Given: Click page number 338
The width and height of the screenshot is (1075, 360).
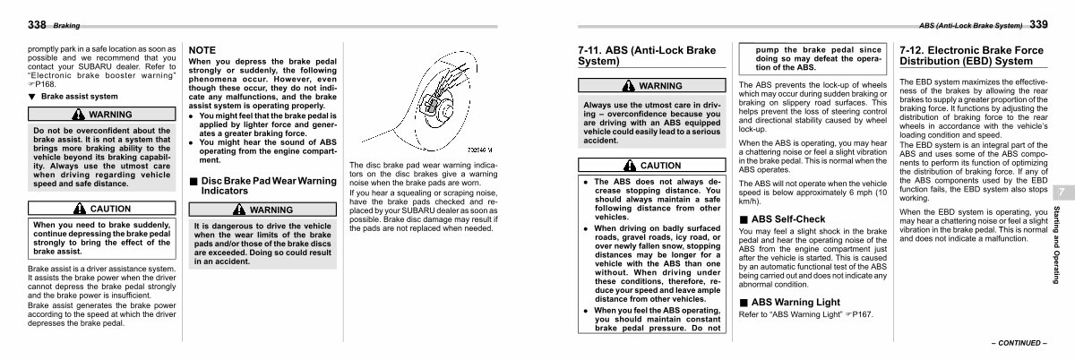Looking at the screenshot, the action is coord(37,24).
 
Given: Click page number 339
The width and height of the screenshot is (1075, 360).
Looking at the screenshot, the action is coord(1038,24).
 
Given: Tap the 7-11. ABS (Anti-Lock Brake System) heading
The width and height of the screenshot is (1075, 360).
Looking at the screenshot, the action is coord(647,56).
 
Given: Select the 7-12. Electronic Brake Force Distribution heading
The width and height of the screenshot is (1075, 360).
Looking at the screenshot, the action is coord(971,56).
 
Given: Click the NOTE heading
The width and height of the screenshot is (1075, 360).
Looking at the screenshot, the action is coord(202,50).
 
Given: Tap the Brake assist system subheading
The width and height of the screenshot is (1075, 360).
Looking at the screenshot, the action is coord(79,97).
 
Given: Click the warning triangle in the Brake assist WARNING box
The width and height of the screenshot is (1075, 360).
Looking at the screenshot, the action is coord(78,115).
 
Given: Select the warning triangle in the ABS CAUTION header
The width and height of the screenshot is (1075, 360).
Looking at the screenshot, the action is coord(630,165).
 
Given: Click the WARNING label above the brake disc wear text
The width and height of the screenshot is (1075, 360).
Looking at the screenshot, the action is coord(271,210).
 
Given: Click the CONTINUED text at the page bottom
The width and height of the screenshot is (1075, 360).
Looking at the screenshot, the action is coord(1019,343).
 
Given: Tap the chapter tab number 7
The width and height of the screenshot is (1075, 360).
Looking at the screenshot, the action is coord(1062,193).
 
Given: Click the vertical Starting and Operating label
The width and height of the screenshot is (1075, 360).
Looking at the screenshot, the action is coord(1056,244).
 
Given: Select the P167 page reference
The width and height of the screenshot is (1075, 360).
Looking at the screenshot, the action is coord(863,315).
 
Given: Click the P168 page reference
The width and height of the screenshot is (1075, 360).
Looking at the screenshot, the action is coord(45,84).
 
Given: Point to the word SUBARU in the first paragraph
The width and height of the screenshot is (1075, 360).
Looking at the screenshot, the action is coord(95,67).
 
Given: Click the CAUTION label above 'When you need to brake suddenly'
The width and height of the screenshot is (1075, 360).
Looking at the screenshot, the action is coord(110,209).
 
